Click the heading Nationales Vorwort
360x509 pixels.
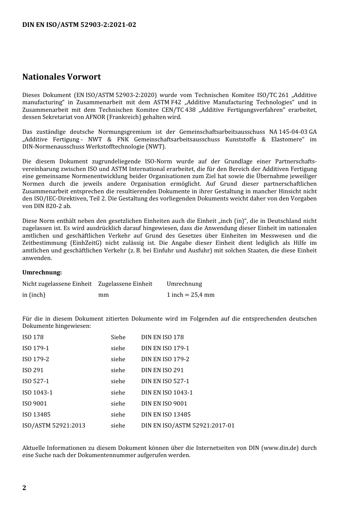(61, 77)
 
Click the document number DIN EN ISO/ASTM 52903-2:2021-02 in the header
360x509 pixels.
(79, 25)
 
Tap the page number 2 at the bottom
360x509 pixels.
(24, 488)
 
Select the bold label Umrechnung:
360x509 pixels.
(42, 273)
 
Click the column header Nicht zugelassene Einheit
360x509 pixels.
(57, 284)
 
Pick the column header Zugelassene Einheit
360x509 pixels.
(125, 284)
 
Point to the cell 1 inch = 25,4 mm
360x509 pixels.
(190, 295)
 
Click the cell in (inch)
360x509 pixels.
(34, 295)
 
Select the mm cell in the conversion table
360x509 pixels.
(103, 295)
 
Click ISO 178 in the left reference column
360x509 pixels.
(33, 337)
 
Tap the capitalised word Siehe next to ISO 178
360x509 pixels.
(118, 337)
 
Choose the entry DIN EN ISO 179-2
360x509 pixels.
(165, 359)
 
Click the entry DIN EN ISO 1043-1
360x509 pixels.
(167, 393)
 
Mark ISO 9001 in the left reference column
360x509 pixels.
(34, 404)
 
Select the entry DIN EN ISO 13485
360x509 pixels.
(166, 415)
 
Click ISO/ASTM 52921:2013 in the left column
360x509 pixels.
(53, 426)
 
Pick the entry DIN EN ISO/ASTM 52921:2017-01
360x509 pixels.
(188, 426)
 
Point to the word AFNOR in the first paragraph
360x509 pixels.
(95, 117)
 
